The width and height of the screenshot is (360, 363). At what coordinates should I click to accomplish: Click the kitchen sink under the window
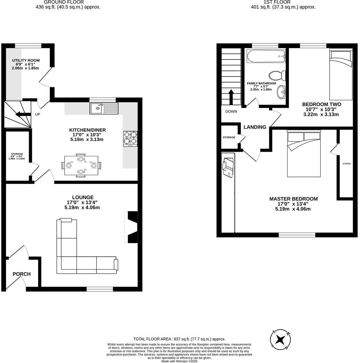click(104, 108)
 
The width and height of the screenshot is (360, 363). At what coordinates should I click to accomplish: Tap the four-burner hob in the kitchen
click(130, 139)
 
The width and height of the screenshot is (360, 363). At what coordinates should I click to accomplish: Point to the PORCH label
click(21, 274)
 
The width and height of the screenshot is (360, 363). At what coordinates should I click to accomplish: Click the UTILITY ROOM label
click(26, 61)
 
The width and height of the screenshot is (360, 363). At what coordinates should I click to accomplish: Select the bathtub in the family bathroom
click(266, 56)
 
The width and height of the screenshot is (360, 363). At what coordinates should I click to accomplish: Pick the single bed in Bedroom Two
click(341, 74)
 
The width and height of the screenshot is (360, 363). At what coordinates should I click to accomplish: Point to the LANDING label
click(255, 127)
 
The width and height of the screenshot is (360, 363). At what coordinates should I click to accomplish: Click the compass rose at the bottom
click(280, 339)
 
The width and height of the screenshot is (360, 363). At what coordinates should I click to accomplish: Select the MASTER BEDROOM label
click(294, 199)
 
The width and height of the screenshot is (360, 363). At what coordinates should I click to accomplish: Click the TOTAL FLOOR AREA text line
click(179, 339)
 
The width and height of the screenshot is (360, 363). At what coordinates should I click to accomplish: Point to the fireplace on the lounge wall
click(132, 227)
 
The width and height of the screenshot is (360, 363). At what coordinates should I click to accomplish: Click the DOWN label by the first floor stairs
click(231, 112)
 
